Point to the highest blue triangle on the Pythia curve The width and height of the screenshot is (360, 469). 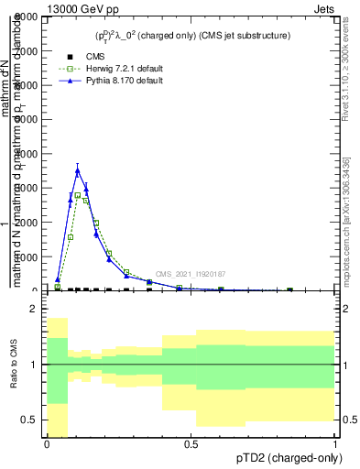tap(78, 169)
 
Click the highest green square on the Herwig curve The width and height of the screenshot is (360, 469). tap(78, 195)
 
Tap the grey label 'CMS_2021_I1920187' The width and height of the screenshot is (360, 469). tap(190, 274)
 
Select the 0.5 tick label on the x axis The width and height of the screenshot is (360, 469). tap(191, 444)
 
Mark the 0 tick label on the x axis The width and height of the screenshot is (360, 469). tap(47, 444)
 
